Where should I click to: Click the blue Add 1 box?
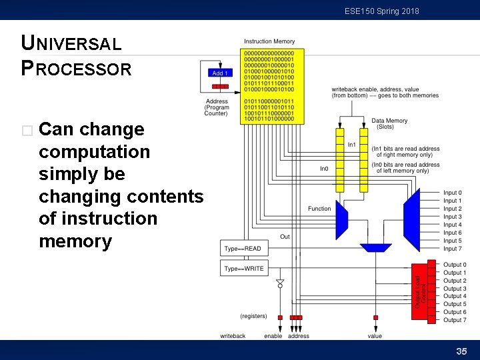click(220, 73)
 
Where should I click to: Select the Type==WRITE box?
click(245, 269)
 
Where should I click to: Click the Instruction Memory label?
click(269, 42)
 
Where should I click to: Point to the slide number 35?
click(461, 351)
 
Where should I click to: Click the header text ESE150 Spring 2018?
click(382, 11)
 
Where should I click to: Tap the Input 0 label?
click(453, 193)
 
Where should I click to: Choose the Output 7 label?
click(455, 320)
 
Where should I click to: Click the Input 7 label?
click(453, 249)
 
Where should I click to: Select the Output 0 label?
click(455, 265)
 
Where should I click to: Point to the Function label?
click(319, 209)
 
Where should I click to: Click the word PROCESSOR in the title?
click(77, 69)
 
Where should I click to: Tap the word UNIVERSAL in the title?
click(71, 44)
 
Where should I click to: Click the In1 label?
click(351, 145)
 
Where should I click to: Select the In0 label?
click(324, 169)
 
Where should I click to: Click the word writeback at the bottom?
click(233, 336)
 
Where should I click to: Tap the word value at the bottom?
click(375, 336)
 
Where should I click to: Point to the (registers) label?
click(253, 316)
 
